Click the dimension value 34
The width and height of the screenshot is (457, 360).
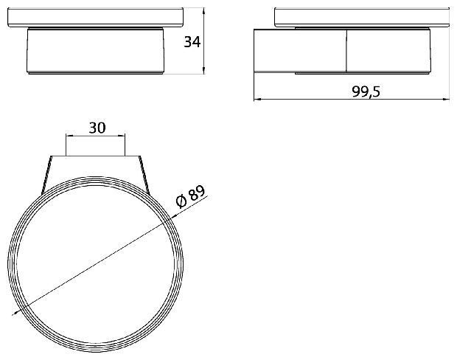coord(192,42)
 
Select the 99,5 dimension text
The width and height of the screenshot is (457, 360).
coord(366,91)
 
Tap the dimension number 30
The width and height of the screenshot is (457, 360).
coord(97,128)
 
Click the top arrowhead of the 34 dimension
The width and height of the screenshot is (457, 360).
coord(203,11)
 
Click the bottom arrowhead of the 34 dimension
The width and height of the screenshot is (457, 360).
coord(203,71)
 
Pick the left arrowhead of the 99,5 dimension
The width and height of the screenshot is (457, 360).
coord(257,100)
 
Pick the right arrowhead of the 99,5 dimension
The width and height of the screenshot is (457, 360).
coord(446,100)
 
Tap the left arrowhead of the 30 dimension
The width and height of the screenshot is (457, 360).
coord(70,135)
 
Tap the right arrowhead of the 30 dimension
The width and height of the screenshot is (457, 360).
coord(122,135)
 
